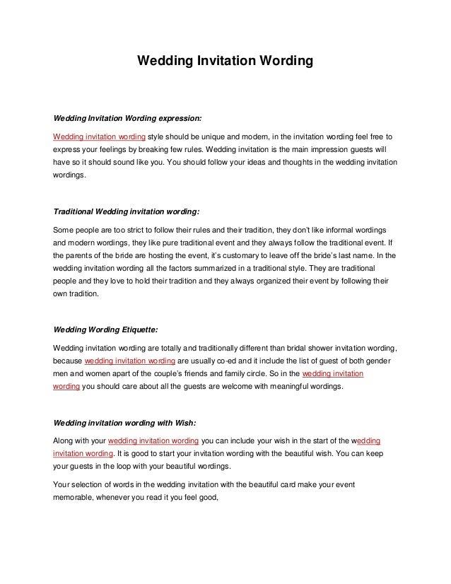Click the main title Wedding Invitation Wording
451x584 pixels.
click(224, 62)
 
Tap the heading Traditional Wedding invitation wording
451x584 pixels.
click(127, 211)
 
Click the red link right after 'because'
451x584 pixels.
click(130, 361)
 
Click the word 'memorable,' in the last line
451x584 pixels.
click(76, 498)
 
